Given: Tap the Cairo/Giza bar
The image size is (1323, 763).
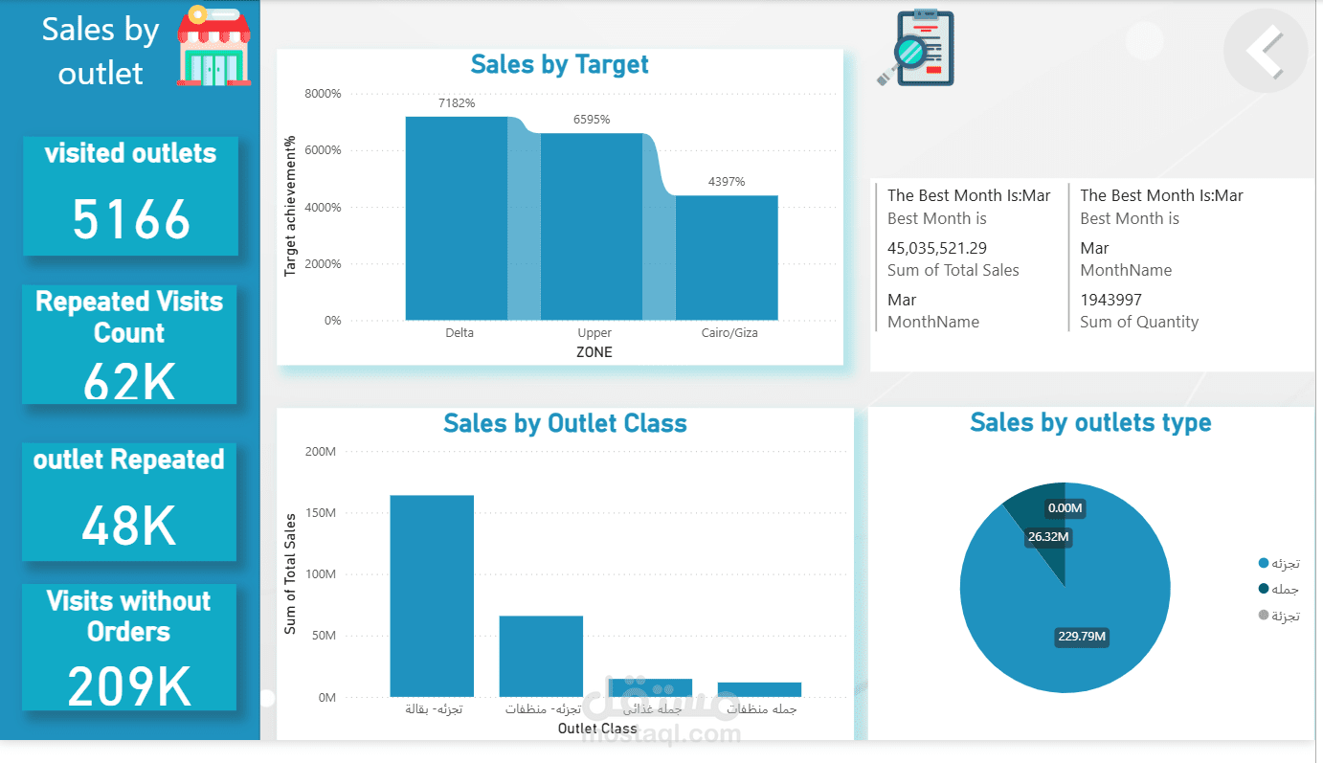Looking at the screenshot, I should click(x=726, y=258).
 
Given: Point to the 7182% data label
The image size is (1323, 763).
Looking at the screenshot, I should click(x=457, y=103).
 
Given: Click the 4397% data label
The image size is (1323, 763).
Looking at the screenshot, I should click(x=726, y=182).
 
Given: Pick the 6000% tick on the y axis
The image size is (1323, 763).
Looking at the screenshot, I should click(x=323, y=150).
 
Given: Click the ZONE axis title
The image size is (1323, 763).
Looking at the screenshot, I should click(x=594, y=352).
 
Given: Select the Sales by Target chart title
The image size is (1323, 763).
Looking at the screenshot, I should click(x=559, y=65).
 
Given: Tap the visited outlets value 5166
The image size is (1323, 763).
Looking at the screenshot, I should click(x=131, y=220).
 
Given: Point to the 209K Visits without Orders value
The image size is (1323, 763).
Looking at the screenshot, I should click(x=129, y=685).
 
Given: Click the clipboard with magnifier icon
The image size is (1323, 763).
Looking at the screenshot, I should click(x=917, y=48).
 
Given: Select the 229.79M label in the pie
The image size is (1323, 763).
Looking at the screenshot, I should click(x=1082, y=637).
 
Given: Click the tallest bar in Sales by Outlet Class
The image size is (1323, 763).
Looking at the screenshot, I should click(x=431, y=595).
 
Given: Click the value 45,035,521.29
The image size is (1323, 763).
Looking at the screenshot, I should click(x=936, y=248).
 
